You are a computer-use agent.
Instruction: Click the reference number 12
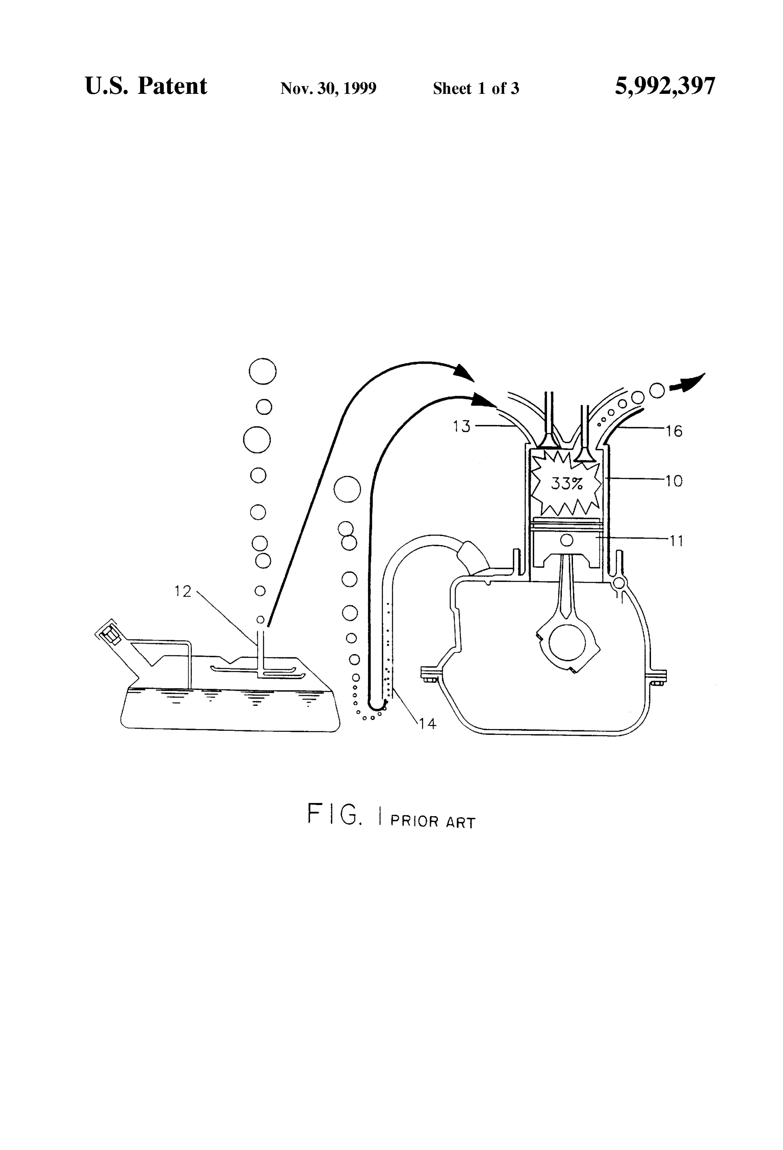coord(183,591)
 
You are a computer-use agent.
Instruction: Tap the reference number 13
coord(462,426)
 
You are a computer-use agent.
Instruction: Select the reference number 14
coord(428,724)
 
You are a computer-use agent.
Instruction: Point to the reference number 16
coord(674,431)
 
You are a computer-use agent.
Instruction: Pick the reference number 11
coord(676,541)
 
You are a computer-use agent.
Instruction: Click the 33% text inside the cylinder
coord(567,484)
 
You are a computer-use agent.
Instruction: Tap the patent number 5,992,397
coord(665,86)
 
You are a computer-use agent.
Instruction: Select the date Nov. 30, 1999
coord(328,88)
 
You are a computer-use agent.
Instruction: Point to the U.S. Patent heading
coord(146,86)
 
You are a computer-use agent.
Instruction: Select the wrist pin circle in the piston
coord(567,539)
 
